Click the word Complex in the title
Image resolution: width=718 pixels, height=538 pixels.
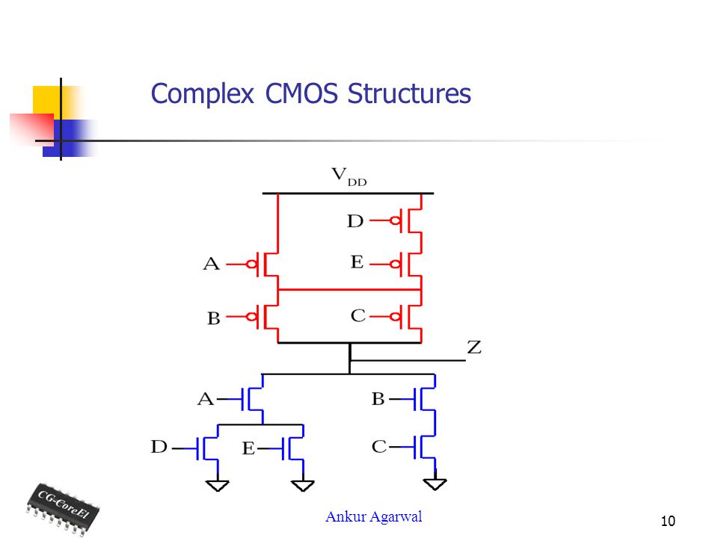[202, 94]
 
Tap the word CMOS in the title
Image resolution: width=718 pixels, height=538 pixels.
[301, 93]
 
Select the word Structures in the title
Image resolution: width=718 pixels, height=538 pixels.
[409, 93]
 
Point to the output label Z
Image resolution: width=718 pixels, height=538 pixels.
[474, 347]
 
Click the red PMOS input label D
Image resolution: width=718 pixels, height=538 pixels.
[355, 221]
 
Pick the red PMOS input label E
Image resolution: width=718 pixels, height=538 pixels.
[358, 262]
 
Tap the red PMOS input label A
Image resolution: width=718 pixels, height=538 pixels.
[211, 264]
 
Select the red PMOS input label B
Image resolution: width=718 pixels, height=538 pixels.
[214, 318]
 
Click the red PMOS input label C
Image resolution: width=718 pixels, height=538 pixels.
[358, 315]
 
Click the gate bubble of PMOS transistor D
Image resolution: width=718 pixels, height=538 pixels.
[395, 221]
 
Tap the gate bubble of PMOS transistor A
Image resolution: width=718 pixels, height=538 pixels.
[251, 265]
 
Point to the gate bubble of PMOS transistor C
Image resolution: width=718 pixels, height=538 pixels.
[395, 316]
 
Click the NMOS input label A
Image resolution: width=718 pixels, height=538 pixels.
[206, 399]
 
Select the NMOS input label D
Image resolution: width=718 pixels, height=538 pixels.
[159, 447]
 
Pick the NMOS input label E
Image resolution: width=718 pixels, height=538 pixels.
[248, 448]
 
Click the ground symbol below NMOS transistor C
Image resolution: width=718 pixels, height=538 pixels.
[435, 483]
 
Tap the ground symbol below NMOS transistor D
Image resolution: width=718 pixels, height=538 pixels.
[218, 485]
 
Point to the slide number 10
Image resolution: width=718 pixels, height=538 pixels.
[668, 521]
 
